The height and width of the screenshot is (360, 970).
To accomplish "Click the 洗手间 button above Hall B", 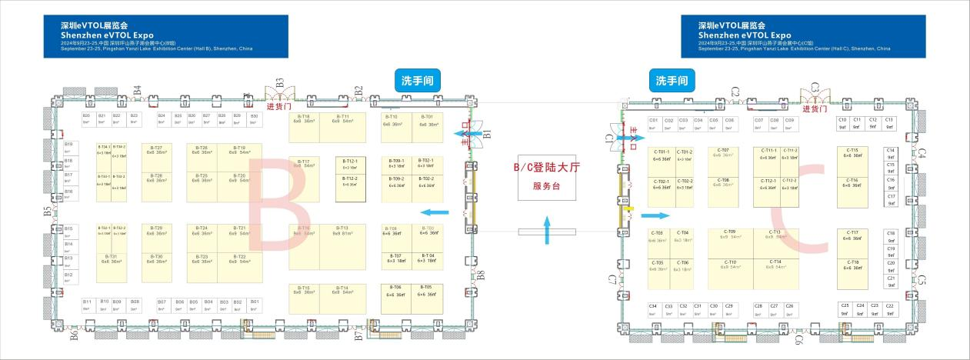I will pos(416,81).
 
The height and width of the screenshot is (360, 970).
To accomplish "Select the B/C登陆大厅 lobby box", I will pos(547,176).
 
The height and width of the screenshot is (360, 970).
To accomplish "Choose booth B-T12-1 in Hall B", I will pos(349,164).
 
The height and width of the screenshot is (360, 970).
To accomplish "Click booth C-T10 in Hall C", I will pos(731,265).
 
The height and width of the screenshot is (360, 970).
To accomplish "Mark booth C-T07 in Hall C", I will pos(723,152).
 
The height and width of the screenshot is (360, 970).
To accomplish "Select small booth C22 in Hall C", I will pos(889,309).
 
